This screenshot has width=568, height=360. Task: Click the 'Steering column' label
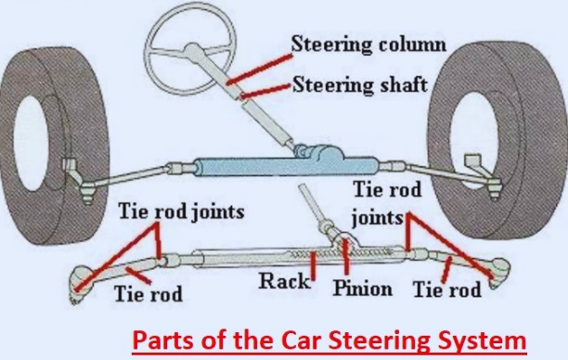[368, 44]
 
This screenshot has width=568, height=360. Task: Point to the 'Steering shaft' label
[359, 85]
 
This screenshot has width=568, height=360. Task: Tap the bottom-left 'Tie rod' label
[148, 295]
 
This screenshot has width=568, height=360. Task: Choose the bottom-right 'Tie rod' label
[447, 289]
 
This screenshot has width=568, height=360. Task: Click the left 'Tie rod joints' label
[181, 212]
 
